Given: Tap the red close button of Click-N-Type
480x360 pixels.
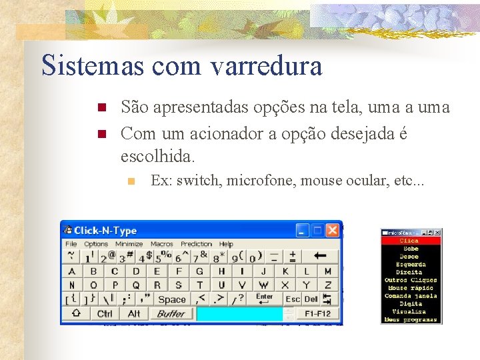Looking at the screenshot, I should point(332,231).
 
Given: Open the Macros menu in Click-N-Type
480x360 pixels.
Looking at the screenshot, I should point(161,244).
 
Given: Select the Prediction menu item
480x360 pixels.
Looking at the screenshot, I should point(196,244).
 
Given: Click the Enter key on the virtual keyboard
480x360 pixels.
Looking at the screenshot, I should point(264,298).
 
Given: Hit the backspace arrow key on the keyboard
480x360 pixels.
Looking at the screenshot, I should point(321,256).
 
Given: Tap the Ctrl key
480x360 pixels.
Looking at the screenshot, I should point(105,313).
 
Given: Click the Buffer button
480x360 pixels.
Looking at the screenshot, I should point(171,313).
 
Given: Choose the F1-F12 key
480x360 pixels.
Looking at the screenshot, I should point(318,313).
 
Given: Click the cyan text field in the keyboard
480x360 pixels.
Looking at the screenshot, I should point(239,313).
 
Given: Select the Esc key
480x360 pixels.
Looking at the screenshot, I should point(293,299).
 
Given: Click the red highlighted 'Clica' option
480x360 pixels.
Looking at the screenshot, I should point(409,241).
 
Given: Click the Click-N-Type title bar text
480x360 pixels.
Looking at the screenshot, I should point(105,231).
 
